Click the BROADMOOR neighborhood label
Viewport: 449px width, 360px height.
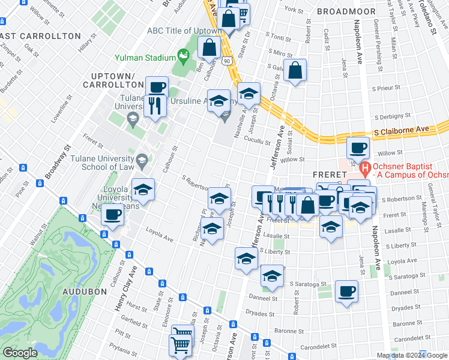point(346,11)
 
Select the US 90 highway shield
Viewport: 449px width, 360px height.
point(226,61)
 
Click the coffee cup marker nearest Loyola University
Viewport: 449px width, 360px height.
point(113,214)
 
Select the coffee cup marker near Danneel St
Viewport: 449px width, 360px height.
point(346,292)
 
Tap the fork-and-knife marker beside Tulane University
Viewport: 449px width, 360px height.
point(155,106)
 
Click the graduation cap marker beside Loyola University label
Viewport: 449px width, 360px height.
point(143,190)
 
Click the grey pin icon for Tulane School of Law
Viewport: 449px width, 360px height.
point(141,160)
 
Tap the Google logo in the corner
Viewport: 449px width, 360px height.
point(20,353)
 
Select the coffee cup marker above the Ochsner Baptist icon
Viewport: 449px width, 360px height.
point(358,148)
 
